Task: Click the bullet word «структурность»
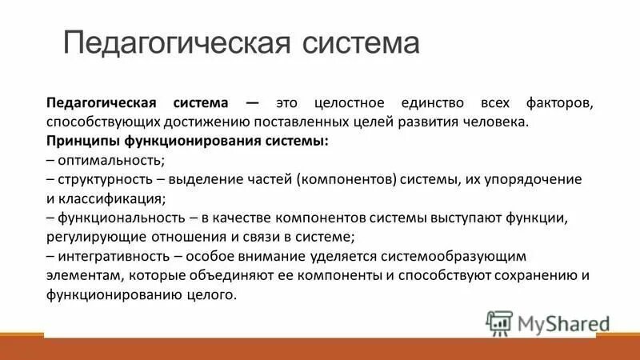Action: [97, 179]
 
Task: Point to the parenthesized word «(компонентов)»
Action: [347, 179]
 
